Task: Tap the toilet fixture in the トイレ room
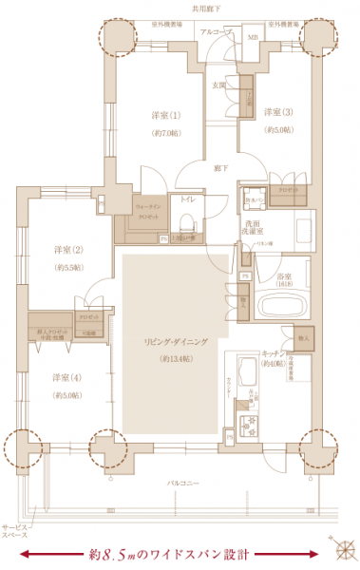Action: (x=187, y=225)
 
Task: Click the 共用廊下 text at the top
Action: (x=209, y=7)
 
